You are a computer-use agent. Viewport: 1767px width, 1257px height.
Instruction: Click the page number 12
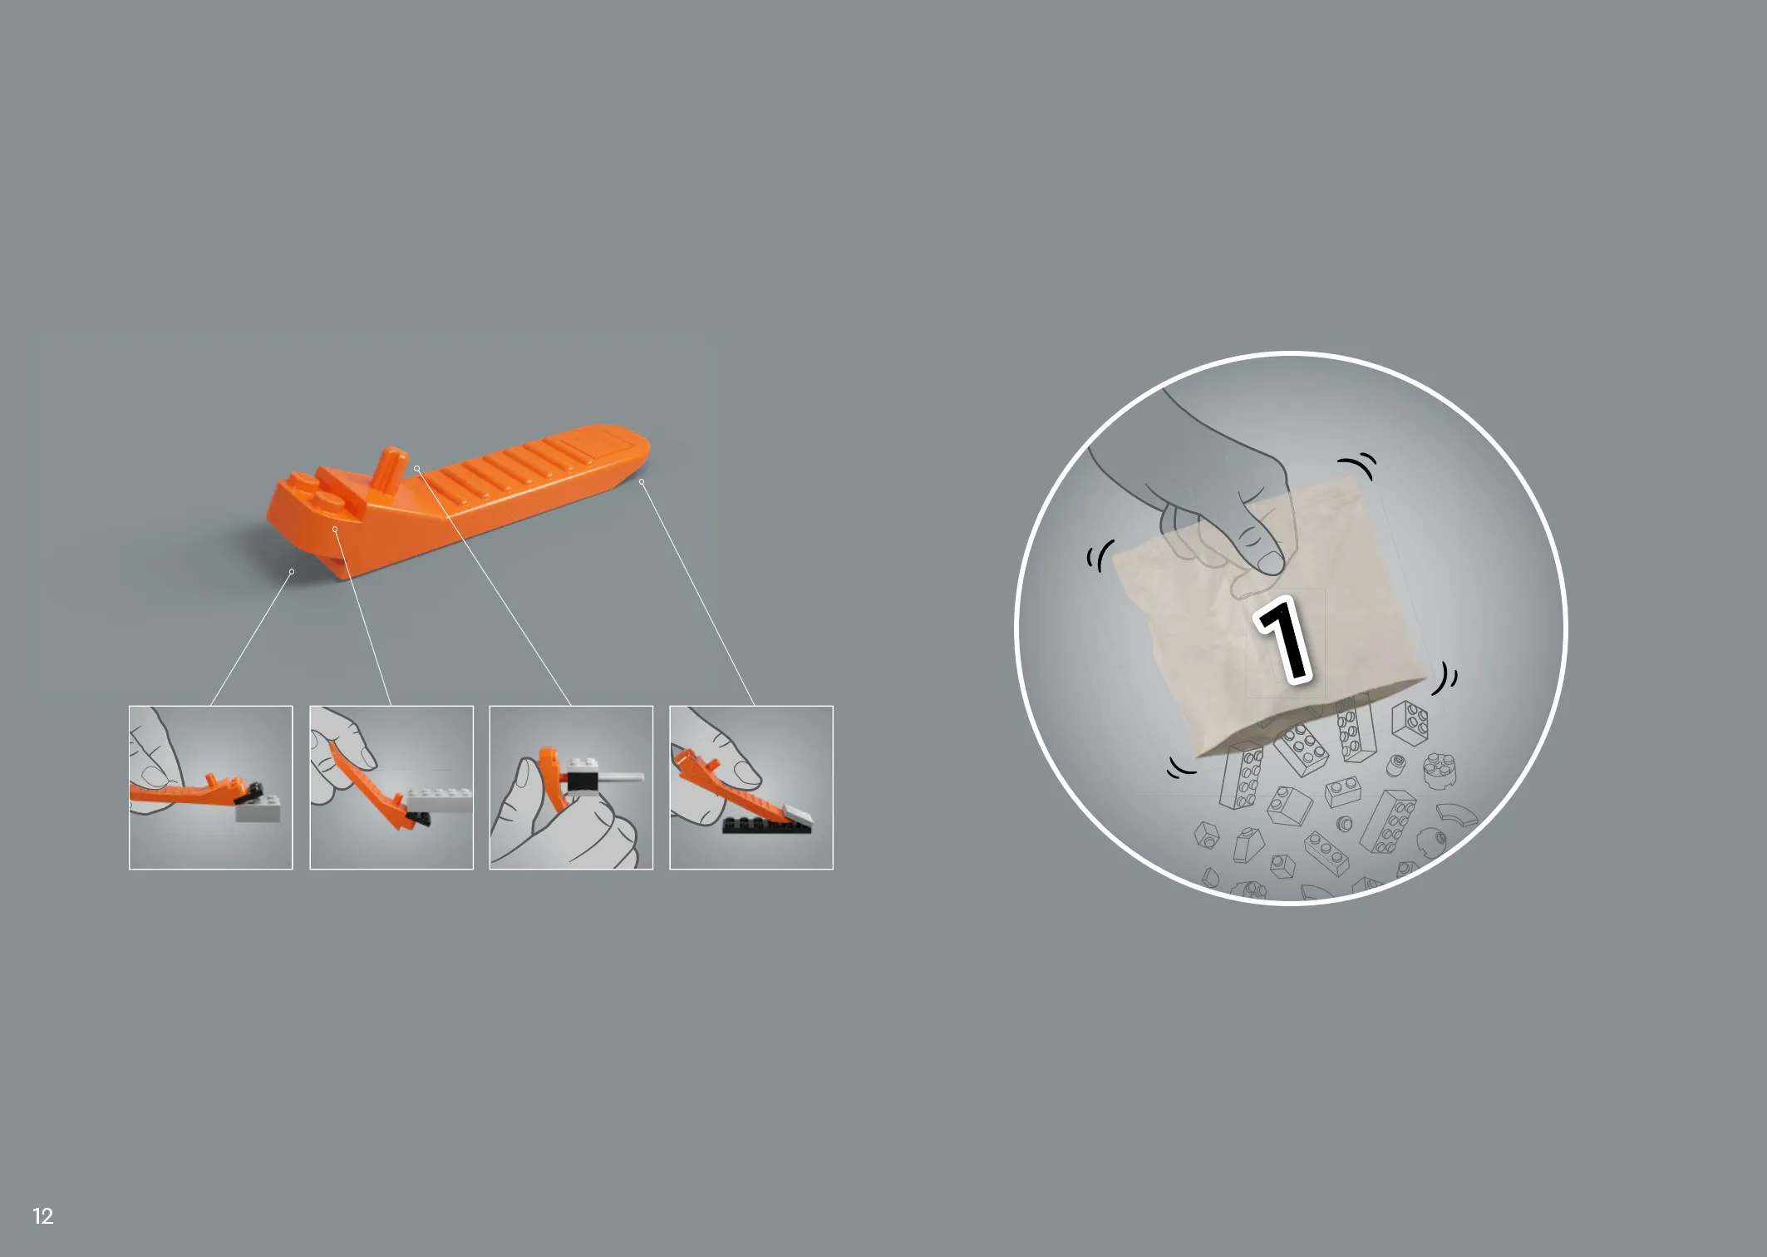(42, 1216)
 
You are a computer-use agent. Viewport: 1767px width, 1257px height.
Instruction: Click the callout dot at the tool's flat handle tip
(641, 481)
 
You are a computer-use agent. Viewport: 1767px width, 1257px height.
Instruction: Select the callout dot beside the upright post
(416, 469)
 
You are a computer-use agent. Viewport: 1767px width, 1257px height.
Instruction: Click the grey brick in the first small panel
(258, 808)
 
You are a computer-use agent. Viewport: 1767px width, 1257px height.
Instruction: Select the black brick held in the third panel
(583, 781)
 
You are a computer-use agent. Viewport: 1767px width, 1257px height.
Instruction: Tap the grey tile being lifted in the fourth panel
(796, 816)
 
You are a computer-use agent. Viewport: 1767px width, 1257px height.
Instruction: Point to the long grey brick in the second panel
(439, 801)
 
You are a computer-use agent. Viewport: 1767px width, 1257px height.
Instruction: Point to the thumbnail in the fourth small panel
(751, 787)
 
